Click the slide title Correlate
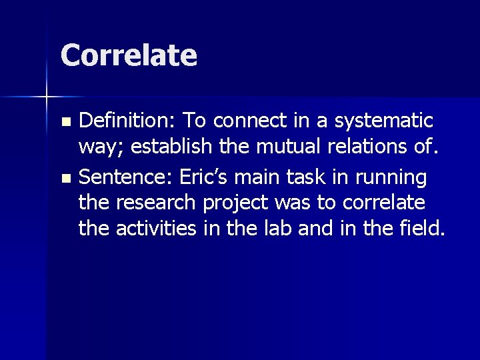[x=129, y=55]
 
